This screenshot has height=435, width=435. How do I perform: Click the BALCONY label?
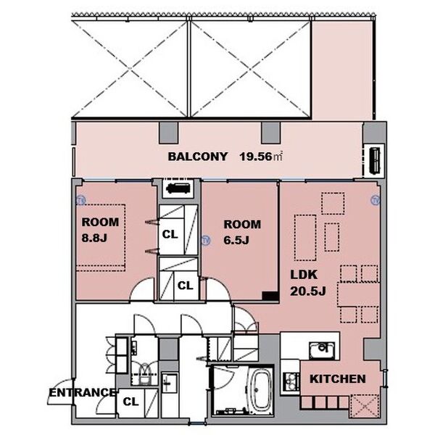197,157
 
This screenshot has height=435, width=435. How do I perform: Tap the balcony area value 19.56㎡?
261,157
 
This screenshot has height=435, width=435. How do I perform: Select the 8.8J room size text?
94,238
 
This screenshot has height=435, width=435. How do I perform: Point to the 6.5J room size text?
236,240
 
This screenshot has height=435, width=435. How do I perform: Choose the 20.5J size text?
308,291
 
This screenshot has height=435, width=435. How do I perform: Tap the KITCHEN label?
337,379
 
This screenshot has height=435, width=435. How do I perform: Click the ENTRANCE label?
82,393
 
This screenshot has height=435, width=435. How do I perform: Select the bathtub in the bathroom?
260,390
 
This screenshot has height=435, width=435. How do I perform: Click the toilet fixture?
144,374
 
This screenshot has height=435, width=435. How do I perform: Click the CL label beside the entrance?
130,402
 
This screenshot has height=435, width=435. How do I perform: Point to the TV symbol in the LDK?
375,200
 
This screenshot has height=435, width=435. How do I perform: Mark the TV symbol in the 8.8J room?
80,200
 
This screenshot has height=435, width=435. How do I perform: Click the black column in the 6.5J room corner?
270,296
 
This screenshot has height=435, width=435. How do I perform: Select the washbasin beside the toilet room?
169,383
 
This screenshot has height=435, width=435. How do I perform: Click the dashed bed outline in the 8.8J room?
101,238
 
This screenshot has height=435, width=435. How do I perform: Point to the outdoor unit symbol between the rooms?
178,188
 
